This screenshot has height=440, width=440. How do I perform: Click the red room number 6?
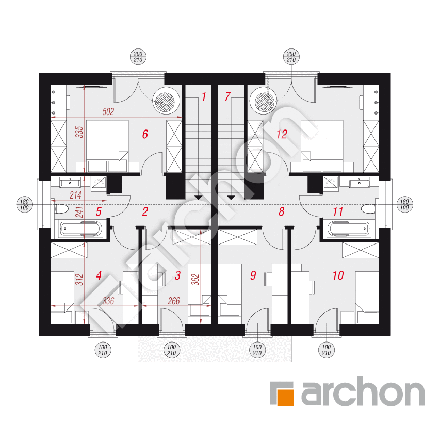[x=145, y=134]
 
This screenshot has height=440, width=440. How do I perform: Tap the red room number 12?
[x=282, y=134]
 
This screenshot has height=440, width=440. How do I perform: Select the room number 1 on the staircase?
[x=204, y=96]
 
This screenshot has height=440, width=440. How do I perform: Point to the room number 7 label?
[x=227, y=96]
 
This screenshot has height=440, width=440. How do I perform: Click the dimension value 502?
[x=108, y=112]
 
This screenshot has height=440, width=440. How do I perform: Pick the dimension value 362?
[x=195, y=280]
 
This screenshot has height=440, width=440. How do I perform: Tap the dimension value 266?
[x=174, y=301]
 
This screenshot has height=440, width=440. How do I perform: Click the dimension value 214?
[x=75, y=195]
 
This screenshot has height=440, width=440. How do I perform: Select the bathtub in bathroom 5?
[x=80, y=229]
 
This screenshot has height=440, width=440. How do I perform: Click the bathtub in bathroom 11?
[x=349, y=229]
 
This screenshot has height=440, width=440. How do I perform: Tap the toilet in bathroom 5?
[x=61, y=209]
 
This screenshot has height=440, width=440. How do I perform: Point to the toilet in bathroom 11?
[x=368, y=209]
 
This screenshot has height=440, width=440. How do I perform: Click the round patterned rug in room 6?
[x=166, y=101]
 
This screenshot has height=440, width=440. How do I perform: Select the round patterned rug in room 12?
[x=264, y=101]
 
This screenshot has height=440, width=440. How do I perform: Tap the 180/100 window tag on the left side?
[x=24, y=205]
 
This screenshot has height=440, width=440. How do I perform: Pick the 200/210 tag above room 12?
[x=291, y=57]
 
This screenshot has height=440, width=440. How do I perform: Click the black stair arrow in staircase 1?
[x=199, y=198]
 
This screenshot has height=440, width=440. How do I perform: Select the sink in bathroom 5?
[x=70, y=183]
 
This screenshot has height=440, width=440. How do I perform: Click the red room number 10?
[x=338, y=275]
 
